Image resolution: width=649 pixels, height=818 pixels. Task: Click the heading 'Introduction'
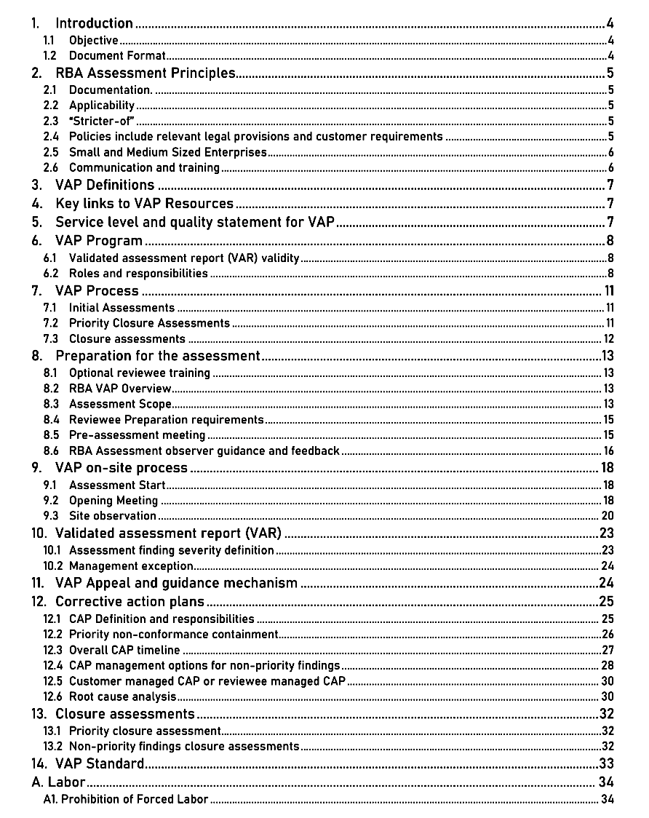tap(94, 24)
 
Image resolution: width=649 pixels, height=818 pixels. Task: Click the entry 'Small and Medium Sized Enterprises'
tap(167, 152)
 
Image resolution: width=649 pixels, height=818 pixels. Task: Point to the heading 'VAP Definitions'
tap(105, 185)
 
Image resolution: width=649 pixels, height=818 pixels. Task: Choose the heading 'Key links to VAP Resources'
tap(144, 204)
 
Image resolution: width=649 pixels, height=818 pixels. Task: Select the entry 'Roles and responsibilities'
tap(138, 274)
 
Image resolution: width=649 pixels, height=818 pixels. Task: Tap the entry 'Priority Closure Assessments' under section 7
tap(149, 323)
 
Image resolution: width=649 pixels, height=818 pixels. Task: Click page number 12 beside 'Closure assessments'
tap(608, 339)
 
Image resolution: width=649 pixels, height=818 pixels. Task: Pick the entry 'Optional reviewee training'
tap(140, 373)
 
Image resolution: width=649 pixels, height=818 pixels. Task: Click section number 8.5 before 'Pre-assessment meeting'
tap(51, 435)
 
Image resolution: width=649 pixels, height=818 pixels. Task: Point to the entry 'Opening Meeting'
tap(114, 501)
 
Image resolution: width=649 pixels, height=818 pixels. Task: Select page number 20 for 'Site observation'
tap(608, 516)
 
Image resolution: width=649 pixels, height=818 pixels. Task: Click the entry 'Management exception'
tap(131, 565)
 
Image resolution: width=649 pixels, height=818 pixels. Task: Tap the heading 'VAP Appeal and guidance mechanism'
tap(176, 583)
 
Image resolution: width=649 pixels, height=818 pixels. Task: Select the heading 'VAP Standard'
tap(100, 763)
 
